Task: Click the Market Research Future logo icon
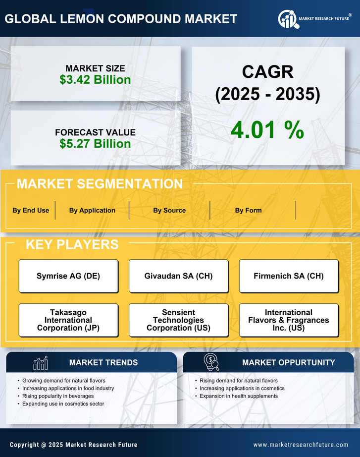coord(288,19)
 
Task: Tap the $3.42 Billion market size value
coord(95,80)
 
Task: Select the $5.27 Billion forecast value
coord(95,144)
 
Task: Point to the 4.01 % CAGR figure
coord(267,130)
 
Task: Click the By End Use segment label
coord(31,210)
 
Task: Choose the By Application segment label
coord(92,210)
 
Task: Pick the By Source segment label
coord(169,210)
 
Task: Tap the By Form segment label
coord(248,210)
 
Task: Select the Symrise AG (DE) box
coord(68,276)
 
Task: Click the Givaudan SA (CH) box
coord(178,276)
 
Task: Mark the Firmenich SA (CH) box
coord(289,276)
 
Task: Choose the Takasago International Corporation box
coord(68,320)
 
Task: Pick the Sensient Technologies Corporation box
coord(178,320)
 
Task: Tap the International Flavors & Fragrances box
coord(289,320)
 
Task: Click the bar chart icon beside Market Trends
coord(41,363)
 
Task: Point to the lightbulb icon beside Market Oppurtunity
coord(211,362)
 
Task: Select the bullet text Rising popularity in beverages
coord(58,396)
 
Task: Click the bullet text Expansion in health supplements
coord(239,396)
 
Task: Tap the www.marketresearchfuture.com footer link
coord(301,445)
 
